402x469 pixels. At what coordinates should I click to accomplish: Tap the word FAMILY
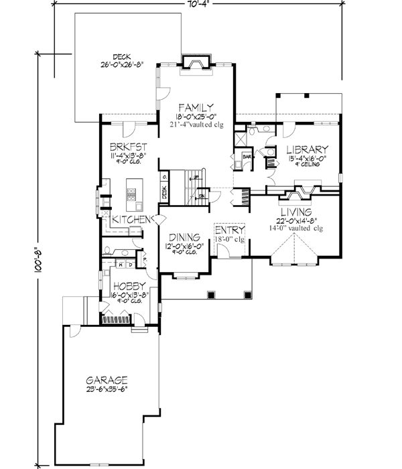click(196, 107)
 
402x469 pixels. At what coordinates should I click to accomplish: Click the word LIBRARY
click(306, 149)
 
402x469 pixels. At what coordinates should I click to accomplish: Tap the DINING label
click(184, 237)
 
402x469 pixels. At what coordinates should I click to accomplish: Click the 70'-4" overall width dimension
click(201, 4)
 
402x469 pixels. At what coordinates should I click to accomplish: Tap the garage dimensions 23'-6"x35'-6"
click(107, 387)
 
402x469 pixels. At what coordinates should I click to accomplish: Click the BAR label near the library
click(246, 157)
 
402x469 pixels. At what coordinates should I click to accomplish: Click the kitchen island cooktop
click(131, 195)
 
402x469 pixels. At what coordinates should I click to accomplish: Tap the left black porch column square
click(211, 294)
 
